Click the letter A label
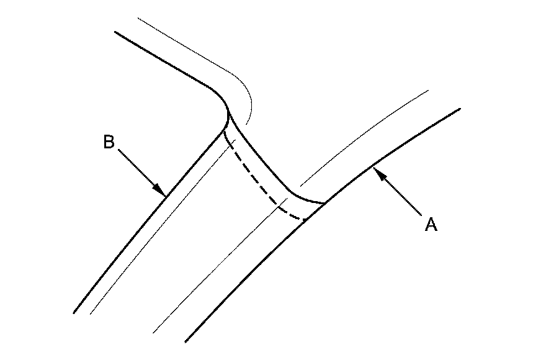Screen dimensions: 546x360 click(431, 224)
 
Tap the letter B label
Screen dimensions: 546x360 click(109, 143)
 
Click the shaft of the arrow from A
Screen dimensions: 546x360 click(400, 194)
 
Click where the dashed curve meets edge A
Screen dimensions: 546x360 click(307, 219)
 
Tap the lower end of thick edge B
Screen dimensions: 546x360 click(74, 312)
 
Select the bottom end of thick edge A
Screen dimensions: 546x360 click(186, 341)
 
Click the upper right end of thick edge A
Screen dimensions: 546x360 click(460, 109)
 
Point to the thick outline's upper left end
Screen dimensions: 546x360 click(115, 32)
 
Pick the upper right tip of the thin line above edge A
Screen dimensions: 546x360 click(429, 91)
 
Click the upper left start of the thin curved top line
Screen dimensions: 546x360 click(137, 19)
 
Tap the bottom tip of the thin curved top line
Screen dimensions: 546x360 click(247, 122)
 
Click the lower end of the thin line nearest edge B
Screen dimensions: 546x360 click(91, 313)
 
